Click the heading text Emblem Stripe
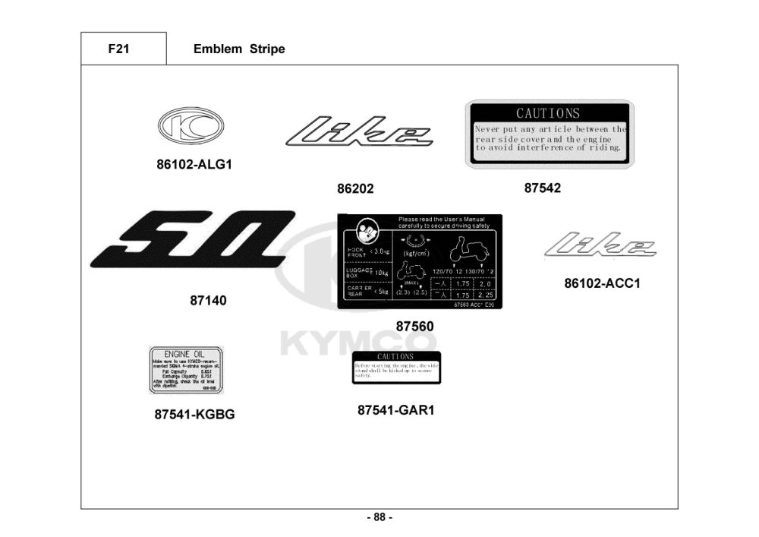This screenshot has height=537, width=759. click(239, 49)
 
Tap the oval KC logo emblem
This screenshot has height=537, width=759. click(191, 126)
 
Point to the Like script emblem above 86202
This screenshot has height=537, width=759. click(359, 131)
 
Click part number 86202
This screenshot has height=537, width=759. click(355, 189)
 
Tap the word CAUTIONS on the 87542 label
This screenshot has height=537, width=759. click(548, 113)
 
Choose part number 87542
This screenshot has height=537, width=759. click(543, 188)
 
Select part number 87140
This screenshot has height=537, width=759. click(208, 301)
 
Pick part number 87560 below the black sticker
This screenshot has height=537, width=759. click(414, 327)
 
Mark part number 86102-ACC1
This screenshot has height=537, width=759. click(602, 283)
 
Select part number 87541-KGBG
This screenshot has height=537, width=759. click(194, 415)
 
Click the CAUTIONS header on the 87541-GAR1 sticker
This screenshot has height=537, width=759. click(395, 356)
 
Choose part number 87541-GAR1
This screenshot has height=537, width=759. click(395, 410)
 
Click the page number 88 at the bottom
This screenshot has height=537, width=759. click(379, 517)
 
